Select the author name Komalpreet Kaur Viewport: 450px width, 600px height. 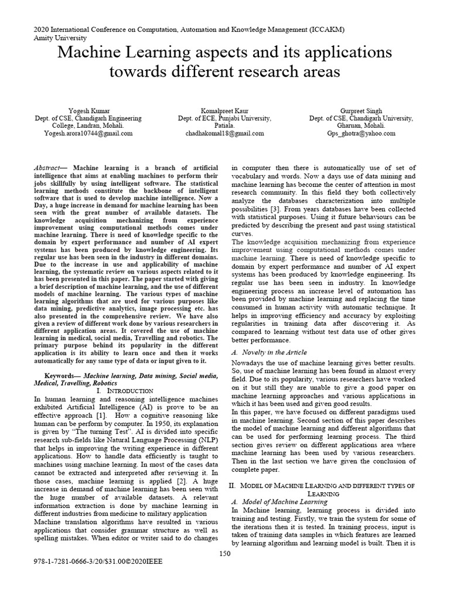pos(224,110)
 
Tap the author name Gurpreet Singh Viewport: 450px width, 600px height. pos(361,110)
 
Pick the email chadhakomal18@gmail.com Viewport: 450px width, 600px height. pos(224,133)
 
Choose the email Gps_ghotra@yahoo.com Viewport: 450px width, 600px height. pos(361,133)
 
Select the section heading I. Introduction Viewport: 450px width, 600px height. pos(124,390)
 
